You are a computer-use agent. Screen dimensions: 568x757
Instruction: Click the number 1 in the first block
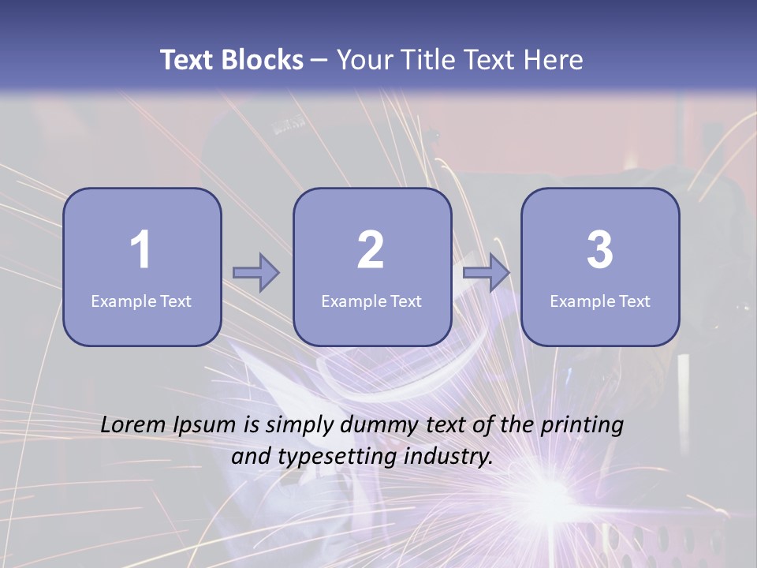pos(140,249)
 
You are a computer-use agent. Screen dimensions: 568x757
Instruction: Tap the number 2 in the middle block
pos(371,249)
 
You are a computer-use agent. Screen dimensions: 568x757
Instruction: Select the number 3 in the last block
pos(600,249)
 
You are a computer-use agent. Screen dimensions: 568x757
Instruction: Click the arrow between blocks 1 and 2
pos(256,273)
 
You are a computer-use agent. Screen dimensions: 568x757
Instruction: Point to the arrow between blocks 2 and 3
pos(487,273)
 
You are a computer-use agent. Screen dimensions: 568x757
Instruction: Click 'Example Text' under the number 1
pos(141,301)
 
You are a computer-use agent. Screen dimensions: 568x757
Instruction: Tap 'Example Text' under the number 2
pos(371,301)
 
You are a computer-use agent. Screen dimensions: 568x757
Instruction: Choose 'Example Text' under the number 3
pos(600,301)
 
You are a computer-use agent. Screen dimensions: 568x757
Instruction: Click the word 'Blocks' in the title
pos(262,60)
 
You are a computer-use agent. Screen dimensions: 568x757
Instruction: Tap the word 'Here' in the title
pos(554,60)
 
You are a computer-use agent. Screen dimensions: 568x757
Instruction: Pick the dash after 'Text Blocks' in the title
pos(319,60)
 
